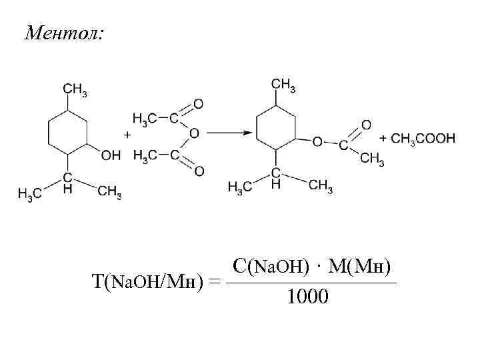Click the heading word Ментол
click(64, 33)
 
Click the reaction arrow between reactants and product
click(226, 132)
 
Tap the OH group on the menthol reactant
click(111, 155)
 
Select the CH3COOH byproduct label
click(423, 139)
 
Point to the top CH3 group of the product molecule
click(284, 85)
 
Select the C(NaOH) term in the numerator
click(269, 266)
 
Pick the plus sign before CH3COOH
click(383, 139)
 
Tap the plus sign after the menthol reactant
click(127, 134)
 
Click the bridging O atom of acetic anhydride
click(193, 134)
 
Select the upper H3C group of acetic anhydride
click(145, 118)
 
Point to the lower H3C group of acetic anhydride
click(145, 155)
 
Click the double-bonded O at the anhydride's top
click(198, 103)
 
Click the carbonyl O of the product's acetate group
click(365, 125)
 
